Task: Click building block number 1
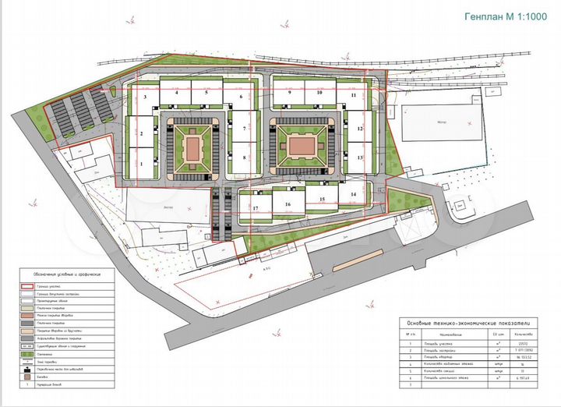pyautogui.click(x=142, y=164)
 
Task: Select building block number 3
pyautogui.click(x=146, y=97)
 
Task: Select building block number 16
pyautogui.click(x=288, y=204)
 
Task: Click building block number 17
pyautogui.click(x=255, y=208)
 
